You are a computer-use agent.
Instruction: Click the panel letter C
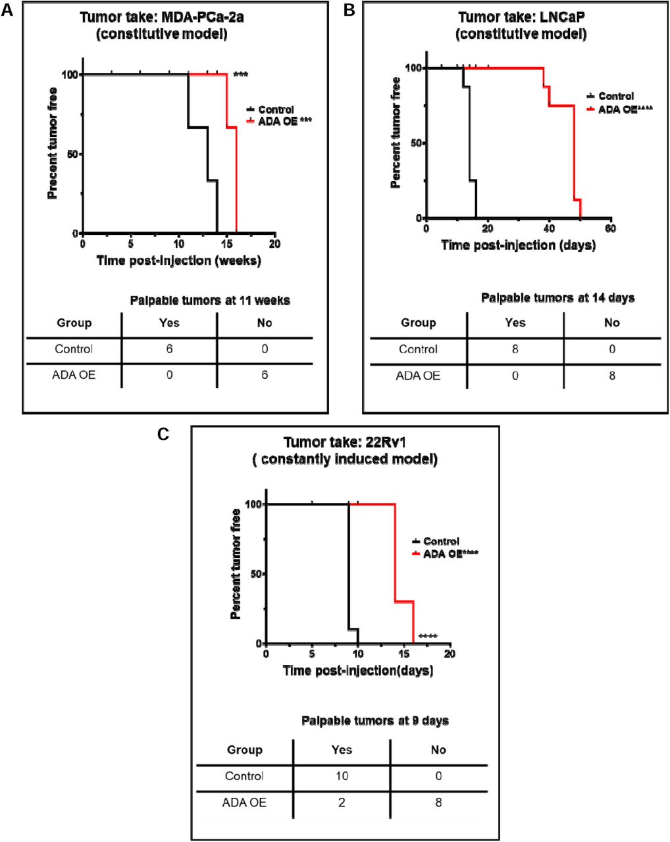pyautogui.click(x=165, y=434)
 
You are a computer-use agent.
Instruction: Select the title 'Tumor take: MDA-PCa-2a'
pyautogui.click(x=162, y=18)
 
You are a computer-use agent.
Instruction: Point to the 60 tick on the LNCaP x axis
pyautogui.click(x=611, y=228)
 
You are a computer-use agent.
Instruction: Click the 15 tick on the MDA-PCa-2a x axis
pyautogui.click(x=227, y=244)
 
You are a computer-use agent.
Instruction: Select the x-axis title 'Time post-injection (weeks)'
pyautogui.click(x=178, y=260)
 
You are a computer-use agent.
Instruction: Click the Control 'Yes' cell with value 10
pyautogui.click(x=342, y=776)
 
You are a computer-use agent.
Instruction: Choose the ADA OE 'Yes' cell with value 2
pyautogui.click(x=342, y=803)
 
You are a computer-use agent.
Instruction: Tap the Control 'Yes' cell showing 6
pyautogui.click(x=169, y=349)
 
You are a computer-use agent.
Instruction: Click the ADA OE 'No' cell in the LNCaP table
pyautogui.click(x=611, y=376)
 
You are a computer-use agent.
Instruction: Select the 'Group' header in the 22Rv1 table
pyautogui.click(x=244, y=750)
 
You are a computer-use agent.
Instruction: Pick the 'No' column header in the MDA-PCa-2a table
pyautogui.click(x=265, y=323)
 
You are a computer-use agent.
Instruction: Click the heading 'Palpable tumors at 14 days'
pyautogui.click(x=557, y=298)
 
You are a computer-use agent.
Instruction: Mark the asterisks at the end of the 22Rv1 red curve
pyautogui.click(x=428, y=636)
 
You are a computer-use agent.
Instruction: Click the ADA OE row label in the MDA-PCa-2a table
pyautogui.click(x=74, y=376)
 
